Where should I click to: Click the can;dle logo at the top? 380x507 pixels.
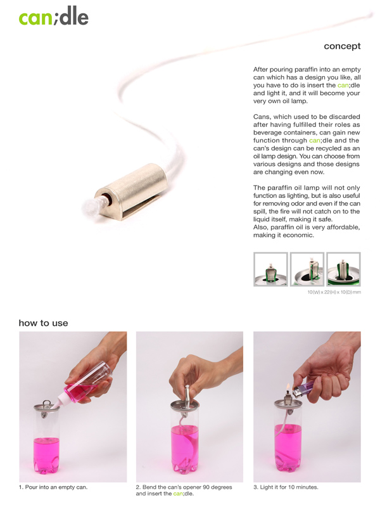tap(54, 16)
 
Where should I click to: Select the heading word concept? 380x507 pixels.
tap(342, 46)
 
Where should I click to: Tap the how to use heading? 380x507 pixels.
tap(43, 323)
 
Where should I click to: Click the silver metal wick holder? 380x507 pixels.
tap(132, 191)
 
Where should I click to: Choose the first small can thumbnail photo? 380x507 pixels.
tap(270, 269)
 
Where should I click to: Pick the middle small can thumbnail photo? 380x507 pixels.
tap(307, 269)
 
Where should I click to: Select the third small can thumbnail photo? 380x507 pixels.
tap(343, 269)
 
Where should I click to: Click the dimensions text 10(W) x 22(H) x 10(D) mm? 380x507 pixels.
tap(334, 292)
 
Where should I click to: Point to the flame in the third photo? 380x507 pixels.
tap(288, 387)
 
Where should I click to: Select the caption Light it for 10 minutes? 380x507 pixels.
tap(286, 487)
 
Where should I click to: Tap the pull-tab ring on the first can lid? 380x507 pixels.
tap(47, 404)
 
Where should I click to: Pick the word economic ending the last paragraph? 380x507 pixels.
tap(299, 235)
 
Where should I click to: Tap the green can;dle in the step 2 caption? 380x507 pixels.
tap(183, 494)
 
